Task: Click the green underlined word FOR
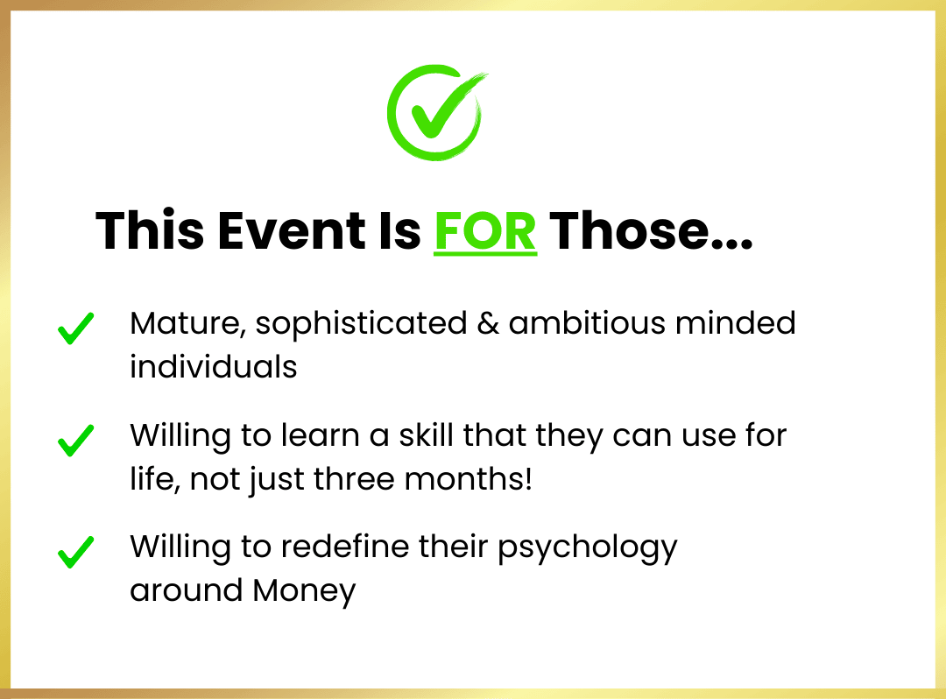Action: (x=485, y=231)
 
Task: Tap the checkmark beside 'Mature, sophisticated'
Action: (x=76, y=328)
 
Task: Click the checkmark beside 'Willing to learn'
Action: (x=76, y=441)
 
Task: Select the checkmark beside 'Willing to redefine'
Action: (x=76, y=552)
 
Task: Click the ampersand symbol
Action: (x=488, y=323)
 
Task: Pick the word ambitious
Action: (x=587, y=322)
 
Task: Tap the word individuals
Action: (x=214, y=366)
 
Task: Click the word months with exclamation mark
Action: (x=468, y=479)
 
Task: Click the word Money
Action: (x=304, y=591)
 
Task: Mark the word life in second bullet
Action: (x=155, y=479)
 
